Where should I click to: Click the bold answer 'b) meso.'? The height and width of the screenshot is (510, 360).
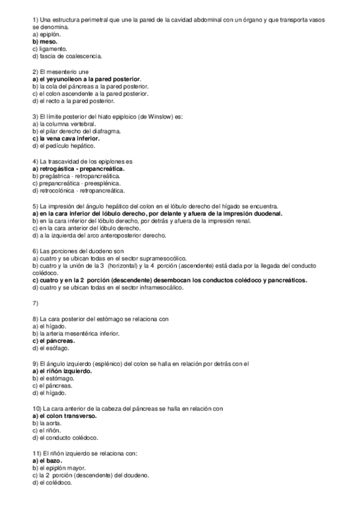click(45, 42)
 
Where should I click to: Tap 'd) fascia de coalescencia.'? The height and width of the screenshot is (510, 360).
click(67, 57)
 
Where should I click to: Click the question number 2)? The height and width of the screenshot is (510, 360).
click(35, 72)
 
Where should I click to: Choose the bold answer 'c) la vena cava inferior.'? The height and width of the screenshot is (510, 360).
click(66, 138)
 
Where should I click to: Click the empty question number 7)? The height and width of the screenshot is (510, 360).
click(35, 302)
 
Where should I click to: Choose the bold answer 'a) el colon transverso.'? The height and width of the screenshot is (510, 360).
click(64, 416)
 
